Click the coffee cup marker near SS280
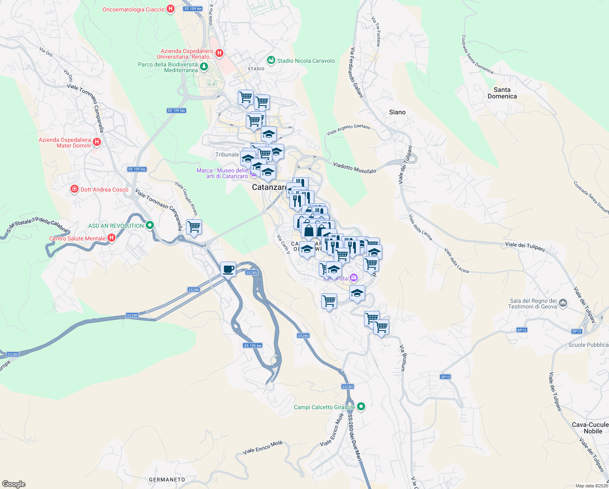228,269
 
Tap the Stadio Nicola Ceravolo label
306,61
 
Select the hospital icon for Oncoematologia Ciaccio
171,9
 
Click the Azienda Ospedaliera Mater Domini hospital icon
97,142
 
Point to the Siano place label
397,112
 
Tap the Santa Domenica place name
502,93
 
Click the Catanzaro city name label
269,187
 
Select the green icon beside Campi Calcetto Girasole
361,407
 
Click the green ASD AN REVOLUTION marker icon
150,225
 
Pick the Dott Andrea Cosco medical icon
74,189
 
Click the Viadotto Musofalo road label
355,168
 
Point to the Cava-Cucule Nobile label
590,428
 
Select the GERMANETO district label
167,480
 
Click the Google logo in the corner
13,484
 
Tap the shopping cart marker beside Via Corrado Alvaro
194,227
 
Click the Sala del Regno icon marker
563,303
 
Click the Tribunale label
227,154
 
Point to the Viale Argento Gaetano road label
348,130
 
